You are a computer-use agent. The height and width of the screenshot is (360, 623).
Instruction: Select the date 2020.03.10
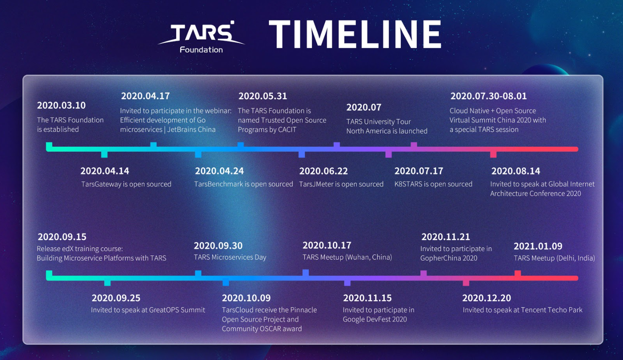[62, 105]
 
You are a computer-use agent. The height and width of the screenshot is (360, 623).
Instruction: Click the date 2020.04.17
[145, 96]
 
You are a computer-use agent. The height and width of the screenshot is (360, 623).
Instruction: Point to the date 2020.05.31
[263, 96]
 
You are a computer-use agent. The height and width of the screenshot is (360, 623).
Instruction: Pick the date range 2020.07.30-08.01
[489, 96]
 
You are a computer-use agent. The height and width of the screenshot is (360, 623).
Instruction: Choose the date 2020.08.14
[516, 171]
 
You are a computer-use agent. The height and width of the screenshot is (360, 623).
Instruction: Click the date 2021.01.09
[538, 246]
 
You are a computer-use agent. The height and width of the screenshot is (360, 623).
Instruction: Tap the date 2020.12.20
[487, 298]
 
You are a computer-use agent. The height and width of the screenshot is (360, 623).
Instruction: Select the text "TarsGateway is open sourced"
[126, 184]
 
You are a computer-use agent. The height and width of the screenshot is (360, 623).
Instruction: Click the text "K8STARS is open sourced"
[433, 184]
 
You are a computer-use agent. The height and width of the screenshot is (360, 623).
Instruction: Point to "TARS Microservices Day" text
[230, 257]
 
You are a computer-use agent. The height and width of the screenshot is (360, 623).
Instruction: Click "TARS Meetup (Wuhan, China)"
[347, 257]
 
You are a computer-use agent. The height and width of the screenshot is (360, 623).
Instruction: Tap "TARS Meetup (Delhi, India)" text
[554, 258]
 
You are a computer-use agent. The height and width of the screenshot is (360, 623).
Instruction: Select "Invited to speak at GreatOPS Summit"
[148, 310]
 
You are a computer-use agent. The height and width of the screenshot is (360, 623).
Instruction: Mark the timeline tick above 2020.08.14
[493, 154]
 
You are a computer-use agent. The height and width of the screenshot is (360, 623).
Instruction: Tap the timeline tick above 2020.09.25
[107, 283]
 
